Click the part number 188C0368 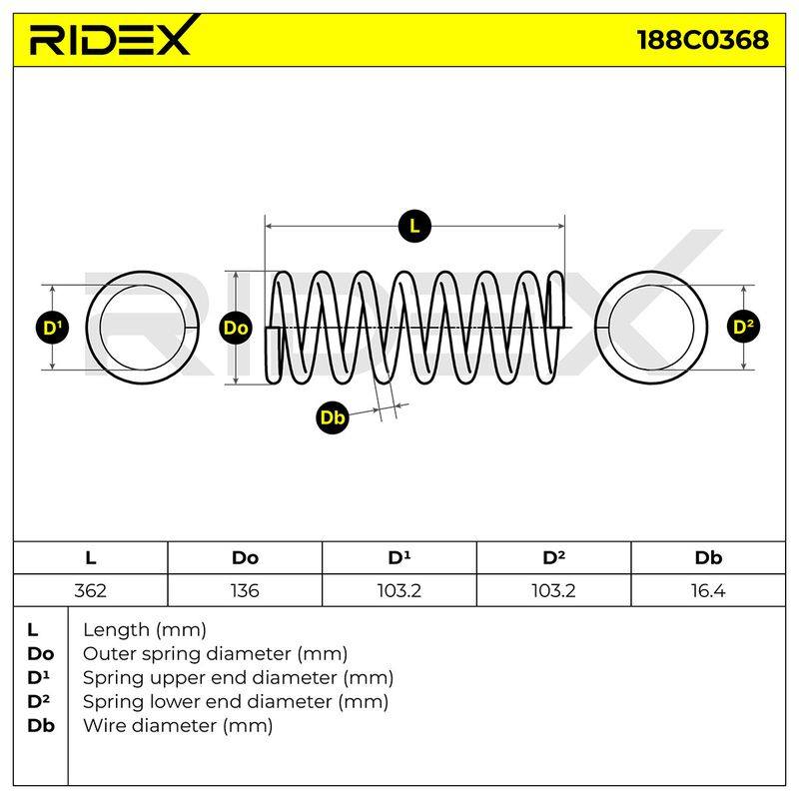click(703, 40)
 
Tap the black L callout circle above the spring click(414, 226)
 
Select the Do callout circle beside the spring click(236, 328)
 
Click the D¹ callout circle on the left click(53, 328)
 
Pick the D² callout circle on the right click(743, 327)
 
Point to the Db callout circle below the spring click(333, 417)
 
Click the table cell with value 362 click(90, 590)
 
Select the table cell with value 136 click(245, 590)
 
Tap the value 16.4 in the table click(708, 590)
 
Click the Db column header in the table click(708, 558)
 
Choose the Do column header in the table click(245, 558)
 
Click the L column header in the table click(90, 558)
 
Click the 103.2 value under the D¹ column click(399, 590)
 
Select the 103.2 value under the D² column click(553, 590)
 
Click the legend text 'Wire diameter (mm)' click(178, 725)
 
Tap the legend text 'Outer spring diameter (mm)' click(215, 653)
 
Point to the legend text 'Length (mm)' click(145, 630)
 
